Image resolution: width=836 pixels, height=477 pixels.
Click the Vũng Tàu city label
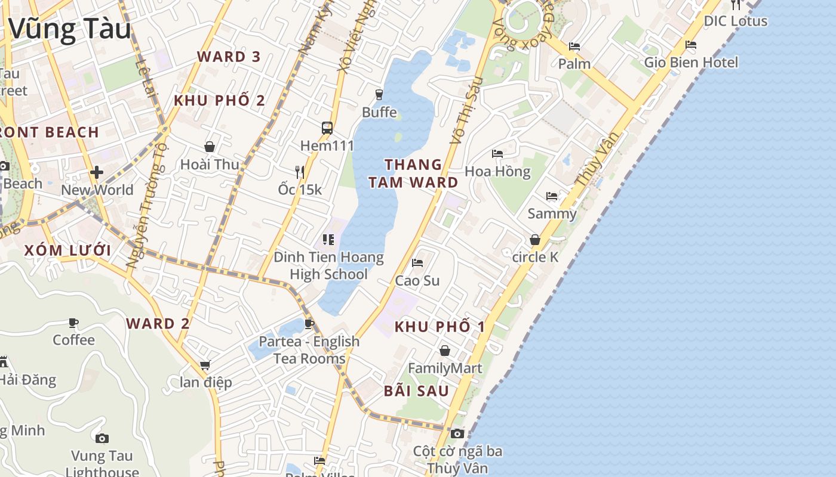pyautogui.click(x=70, y=29)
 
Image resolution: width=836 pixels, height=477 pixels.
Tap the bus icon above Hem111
pyautogui.click(x=327, y=128)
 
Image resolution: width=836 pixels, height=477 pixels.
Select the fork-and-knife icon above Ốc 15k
pyautogui.click(x=300, y=172)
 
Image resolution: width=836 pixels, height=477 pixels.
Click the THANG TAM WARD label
pyautogui.click(x=413, y=173)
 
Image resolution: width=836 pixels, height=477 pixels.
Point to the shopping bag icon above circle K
pyautogui.click(x=535, y=240)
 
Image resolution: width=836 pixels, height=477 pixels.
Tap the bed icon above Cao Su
pyautogui.click(x=417, y=262)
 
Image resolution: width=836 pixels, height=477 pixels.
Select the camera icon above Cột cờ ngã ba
pyautogui.click(x=457, y=433)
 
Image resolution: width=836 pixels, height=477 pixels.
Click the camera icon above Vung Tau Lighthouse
pyautogui.click(x=102, y=438)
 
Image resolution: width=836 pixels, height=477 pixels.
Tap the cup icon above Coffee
pyautogui.click(x=73, y=323)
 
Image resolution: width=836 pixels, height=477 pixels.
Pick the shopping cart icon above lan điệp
pyautogui.click(x=205, y=364)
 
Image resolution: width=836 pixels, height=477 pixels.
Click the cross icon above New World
pyautogui.click(x=97, y=172)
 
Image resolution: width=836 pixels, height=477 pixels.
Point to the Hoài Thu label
pyautogui.click(x=210, y=164)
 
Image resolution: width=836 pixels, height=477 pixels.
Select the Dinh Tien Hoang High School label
pyautogui.click(x=328, y=266)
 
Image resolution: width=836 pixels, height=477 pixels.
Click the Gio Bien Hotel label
pyautogui.click(x=691, y=62)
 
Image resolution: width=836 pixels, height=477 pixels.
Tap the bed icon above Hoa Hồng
pyautogui.click(x=497, y=153)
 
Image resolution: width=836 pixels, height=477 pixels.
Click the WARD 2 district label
pyautogui.click(x=158, y=324)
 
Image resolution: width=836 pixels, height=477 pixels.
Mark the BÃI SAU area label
pyautogui.click(x=416, y=391)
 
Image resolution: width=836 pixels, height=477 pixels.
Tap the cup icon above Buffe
pyautogui.click(x=379, y=94)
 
